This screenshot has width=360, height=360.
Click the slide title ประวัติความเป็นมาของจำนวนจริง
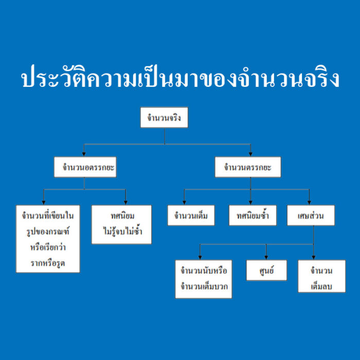tap(180, 77)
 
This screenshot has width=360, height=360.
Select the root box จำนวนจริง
tap(164, 117)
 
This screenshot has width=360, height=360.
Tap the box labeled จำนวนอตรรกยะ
tap(85, 167)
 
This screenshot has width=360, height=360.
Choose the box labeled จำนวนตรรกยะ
tap(248, 167)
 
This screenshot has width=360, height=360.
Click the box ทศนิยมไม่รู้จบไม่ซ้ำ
tap(121, 225)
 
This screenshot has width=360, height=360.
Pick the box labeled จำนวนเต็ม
tap(191, 215)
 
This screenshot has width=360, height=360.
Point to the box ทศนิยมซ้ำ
tap(253, 215)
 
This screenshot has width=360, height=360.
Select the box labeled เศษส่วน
tap(311, 215)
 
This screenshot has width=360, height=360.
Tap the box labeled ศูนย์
tap(266, 270)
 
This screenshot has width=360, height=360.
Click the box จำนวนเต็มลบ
tap(321, 276)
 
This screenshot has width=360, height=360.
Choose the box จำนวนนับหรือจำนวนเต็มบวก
tap(204, 279)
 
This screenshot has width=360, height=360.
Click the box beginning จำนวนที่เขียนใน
tap(48, 239)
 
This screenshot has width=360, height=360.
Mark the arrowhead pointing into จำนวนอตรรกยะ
tap(84, 154)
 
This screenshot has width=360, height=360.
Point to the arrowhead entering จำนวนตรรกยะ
tap(250, 154)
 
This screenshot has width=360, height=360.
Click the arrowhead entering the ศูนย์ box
tap(266, 257)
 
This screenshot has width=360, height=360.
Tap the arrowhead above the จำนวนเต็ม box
tap(184, 202)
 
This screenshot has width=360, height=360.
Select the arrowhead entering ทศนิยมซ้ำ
tap(250, 202)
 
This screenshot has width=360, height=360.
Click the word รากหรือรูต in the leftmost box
tap(48, 263)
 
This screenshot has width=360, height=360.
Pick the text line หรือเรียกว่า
tap(48, 247)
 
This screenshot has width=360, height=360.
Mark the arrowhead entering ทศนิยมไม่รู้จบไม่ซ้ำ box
tap(125, 202)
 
